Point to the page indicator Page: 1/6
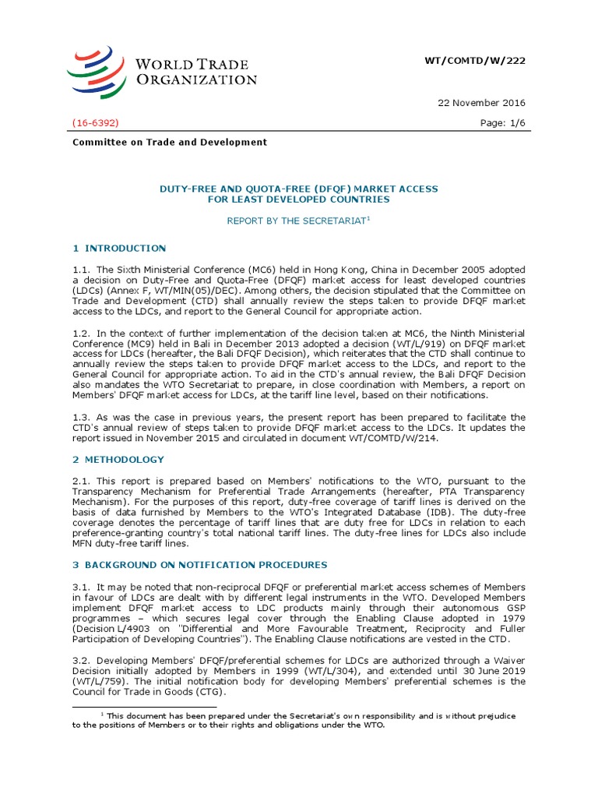pyautogui.click(x=501, y=123)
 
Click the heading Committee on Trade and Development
pyautogui.click(x=170, y=142)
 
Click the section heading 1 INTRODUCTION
pyautogui.click(x=119, y=249)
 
